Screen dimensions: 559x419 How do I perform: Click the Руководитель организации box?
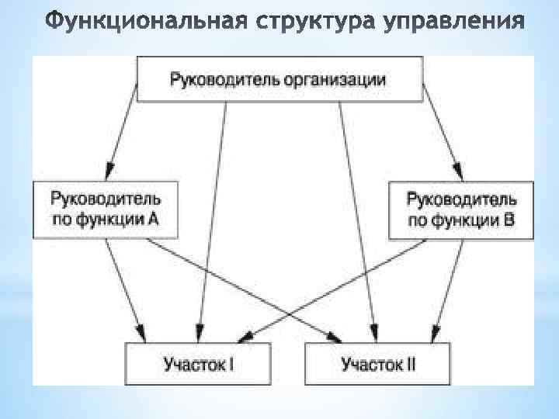279,79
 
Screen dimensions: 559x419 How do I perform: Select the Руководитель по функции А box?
106,209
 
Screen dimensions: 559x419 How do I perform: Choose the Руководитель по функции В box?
460,209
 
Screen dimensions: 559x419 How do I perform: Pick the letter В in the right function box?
508,220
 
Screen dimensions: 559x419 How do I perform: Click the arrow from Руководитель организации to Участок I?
214,217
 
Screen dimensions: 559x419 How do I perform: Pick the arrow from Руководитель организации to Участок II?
357,217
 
